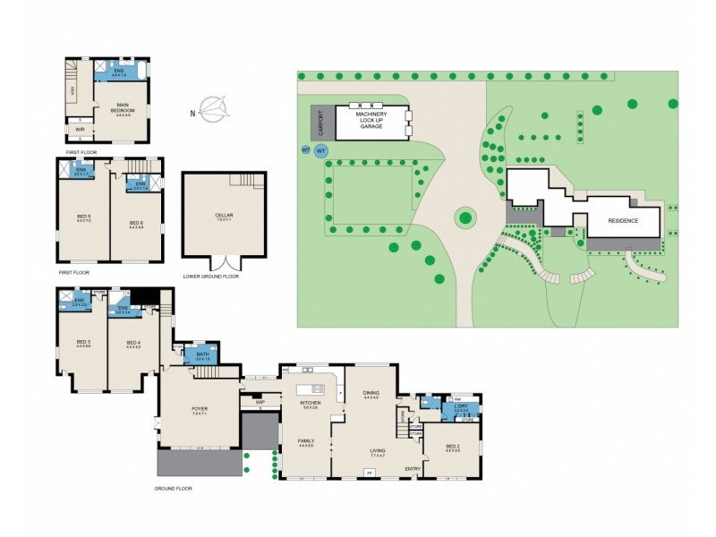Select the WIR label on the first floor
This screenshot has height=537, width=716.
[80, 130]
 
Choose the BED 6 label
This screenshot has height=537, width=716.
[136, 223]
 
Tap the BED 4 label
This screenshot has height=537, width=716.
[132, 343]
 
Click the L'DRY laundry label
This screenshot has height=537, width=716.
[461, 408]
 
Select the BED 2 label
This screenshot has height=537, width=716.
[452, 447]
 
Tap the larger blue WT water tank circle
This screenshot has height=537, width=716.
[321, 151]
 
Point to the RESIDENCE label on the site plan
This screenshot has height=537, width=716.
[622, 220]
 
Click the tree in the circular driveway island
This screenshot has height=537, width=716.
[464, 217]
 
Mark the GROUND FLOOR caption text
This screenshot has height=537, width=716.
[175, 489]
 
